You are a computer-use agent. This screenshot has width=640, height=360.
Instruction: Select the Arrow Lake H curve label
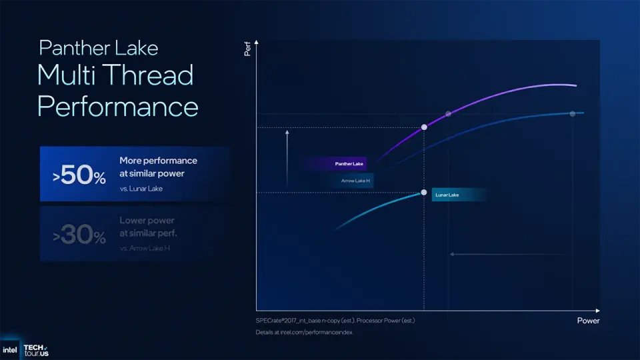(351, 180)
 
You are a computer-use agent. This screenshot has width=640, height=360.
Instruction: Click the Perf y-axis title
(247, 49)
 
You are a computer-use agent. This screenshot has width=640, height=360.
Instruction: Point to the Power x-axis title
(588, 321)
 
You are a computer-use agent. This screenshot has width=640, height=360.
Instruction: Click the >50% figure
(79, 176)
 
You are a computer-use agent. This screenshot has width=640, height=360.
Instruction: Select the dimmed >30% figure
(79, 236)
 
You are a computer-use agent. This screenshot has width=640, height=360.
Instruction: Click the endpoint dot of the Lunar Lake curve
(423, 193)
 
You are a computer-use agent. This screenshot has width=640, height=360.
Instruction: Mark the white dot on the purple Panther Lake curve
(424, 127)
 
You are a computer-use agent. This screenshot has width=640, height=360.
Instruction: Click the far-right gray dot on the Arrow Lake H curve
(572, 114)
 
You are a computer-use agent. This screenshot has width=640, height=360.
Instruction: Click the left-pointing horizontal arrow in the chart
(507, 254)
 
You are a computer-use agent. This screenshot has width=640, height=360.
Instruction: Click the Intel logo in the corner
(10, 349)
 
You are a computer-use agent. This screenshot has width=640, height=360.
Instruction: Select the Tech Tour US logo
(35, 350)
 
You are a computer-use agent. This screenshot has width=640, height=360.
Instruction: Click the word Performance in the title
(117, 107)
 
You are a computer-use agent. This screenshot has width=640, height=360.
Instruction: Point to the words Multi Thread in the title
(115, 75)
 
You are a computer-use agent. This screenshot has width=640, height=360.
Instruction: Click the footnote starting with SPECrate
(335, 321)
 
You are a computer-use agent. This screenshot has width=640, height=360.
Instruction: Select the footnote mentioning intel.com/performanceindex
(303, 332)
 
